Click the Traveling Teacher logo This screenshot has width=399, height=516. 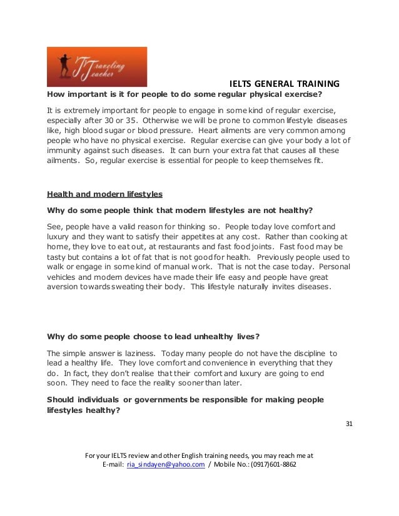coord(96,67)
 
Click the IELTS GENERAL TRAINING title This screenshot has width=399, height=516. coord(285,83)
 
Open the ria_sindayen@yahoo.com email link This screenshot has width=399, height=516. coord(166,465)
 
